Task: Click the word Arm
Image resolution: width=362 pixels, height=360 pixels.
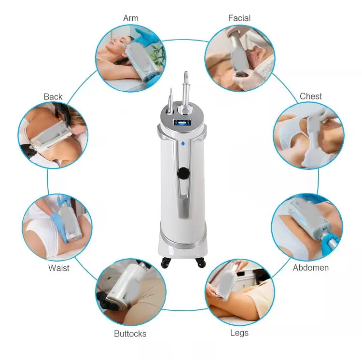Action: tap(131, 18)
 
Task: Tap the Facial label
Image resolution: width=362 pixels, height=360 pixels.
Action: tap(239, 18)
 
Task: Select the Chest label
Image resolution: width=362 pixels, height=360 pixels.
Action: tap(310, 96)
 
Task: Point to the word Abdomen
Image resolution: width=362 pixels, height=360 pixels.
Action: tap(310, 267)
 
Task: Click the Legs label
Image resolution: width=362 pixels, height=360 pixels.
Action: tap(239, 333)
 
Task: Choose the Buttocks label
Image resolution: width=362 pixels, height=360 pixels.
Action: tap(130, 333)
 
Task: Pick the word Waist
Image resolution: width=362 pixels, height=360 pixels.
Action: tap(59, 268)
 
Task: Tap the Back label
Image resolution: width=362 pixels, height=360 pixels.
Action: tap(53, 97)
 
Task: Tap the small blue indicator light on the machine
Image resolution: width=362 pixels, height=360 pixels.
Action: tap(183, 143)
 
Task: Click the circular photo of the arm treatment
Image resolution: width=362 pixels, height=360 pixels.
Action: tap(131, 58)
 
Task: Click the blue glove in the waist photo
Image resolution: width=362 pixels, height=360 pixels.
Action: tap(61, 212)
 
